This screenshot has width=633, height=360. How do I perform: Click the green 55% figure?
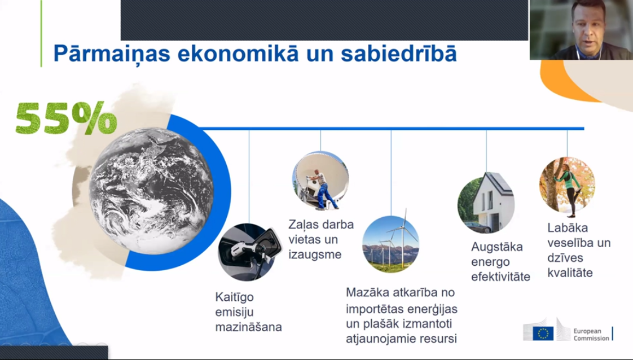tap(66, 117)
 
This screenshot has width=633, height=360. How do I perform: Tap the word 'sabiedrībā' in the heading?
tap(399, 54)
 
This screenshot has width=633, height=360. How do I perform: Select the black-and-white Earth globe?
tap(151, 191)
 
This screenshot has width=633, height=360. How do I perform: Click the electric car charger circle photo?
tap(247, 252)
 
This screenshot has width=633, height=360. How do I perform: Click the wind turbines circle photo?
tap(391, 244)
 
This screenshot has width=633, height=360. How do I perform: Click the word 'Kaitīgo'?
tap(235, 297)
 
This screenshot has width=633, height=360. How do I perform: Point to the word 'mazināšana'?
tap(248, 327)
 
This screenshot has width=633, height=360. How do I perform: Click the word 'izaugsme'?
tap(315, 254)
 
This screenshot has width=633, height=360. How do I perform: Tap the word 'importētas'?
tap(375, 309)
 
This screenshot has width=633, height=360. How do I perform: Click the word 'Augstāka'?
tap(497, 247)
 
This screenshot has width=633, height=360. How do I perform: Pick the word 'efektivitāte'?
tap(500, 277)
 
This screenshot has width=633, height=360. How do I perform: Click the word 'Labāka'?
tap(568, 228)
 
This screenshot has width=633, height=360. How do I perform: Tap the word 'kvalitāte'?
tap(570, 273)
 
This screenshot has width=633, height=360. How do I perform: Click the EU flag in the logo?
tap(543, 334)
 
